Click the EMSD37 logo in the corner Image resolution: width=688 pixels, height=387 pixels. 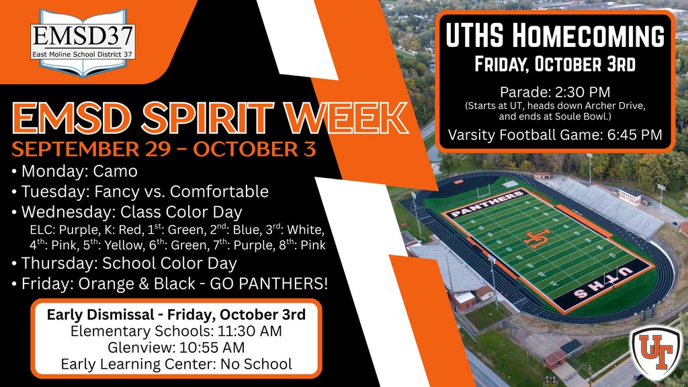(x=83, y=42)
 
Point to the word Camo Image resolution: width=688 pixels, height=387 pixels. (x=116, y=171)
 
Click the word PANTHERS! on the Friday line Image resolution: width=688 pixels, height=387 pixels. (x=287, y=284)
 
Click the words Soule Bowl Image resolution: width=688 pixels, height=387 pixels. (x=601, y=116)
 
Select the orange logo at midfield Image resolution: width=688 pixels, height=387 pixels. (x=537, y=239)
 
